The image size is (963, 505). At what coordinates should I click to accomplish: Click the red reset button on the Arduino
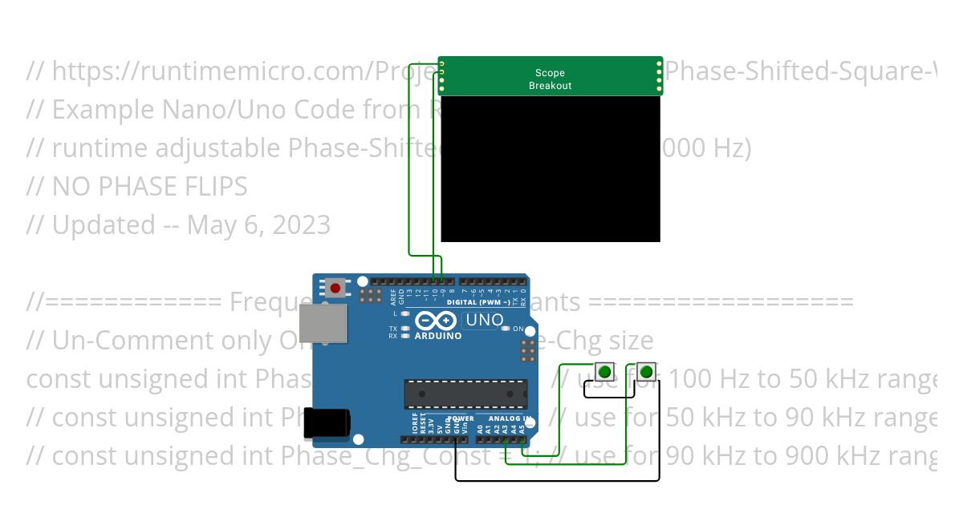coord(335,287)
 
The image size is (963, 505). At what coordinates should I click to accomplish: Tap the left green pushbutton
coord(603,371)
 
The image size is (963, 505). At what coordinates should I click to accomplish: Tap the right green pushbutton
coord(647,371)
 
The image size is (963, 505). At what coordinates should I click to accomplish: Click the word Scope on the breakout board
coord(551,73)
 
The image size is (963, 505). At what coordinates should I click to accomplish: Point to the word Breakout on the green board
coord(551,86)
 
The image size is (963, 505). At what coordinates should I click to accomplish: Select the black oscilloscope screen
coord(551,168)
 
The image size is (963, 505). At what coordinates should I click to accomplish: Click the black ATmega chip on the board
coord(465,394)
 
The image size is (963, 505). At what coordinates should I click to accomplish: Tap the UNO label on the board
coord(484,321)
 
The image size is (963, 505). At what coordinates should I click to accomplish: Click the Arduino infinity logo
coord(437,321)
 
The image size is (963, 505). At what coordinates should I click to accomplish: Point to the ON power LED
coord(506,329)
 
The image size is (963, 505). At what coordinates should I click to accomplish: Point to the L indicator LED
coord(405,313)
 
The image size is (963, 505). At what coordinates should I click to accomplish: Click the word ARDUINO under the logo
coord(438,336)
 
